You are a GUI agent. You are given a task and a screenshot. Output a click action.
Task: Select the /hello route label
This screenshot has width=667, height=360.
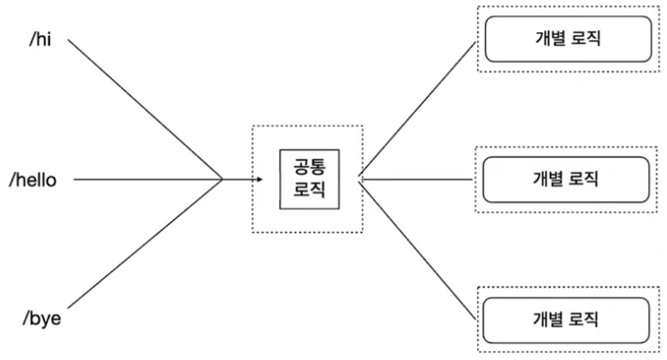click(33, 180)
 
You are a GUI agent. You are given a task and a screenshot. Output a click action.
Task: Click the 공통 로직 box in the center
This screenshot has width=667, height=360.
click(308, 179)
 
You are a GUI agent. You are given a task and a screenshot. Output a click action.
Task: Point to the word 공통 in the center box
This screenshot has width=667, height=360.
click(308, 168)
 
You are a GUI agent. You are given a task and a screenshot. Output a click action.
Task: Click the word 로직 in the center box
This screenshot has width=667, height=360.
click(308, 190)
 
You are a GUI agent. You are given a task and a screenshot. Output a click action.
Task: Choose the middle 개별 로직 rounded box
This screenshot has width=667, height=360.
click(566, 179)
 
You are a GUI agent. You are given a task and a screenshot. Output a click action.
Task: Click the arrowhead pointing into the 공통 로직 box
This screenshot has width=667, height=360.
click(259, 179)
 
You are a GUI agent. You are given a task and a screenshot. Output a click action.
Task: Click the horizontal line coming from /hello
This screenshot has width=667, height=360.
click(142, 179)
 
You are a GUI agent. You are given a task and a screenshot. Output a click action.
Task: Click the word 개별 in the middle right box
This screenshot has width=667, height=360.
click(547, 179)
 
